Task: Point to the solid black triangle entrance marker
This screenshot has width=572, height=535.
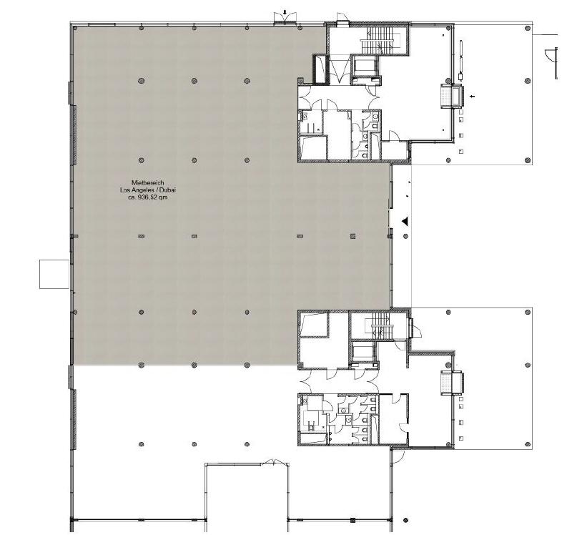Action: coord(405,221)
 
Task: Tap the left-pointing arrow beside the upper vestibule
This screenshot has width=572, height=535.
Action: coord(473,97)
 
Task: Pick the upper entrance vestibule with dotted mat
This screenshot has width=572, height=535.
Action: coord(452,97)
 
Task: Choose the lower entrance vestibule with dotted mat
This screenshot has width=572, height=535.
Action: coord(452,383)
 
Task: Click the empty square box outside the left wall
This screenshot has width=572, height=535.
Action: coord(54,274)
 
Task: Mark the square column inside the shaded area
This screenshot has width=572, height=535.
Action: coord(352,237)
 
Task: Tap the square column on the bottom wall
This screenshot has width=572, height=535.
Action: coord(352,520)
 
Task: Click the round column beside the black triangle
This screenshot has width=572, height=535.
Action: coord(405,237)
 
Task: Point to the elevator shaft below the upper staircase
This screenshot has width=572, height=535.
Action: coord(366,67)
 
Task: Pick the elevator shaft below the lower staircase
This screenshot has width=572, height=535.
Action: coord(364,353)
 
